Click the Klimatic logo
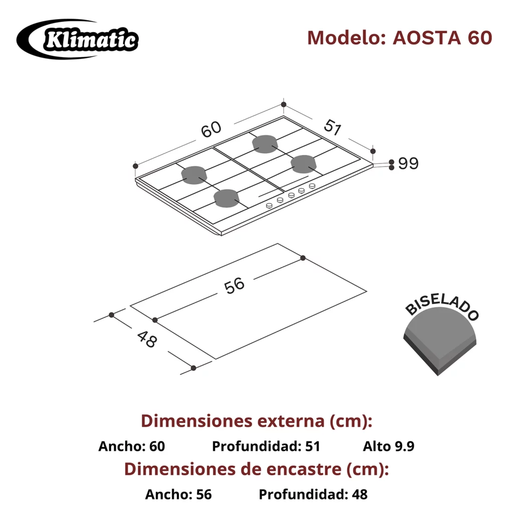click(x=78, y=39)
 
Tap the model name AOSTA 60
click(x=442, y=38)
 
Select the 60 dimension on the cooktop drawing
click(x=211, y=130)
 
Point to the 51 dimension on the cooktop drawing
click(x=333, y=127)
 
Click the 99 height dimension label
click(x=408, y=164)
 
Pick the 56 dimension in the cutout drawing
click(x=234, y=286)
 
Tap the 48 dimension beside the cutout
click(x=147, y=339)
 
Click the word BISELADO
click(x=442, y=308)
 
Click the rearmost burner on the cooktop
click(x=265, y=144)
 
